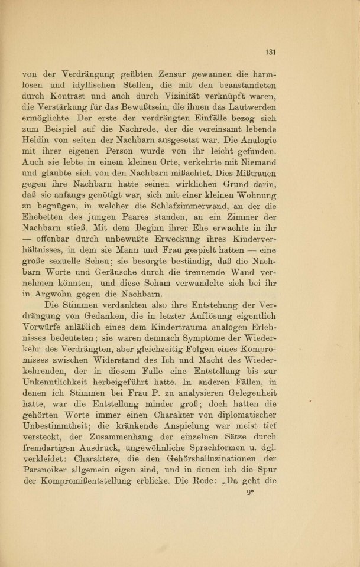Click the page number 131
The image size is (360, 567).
[x=272, y=52]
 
